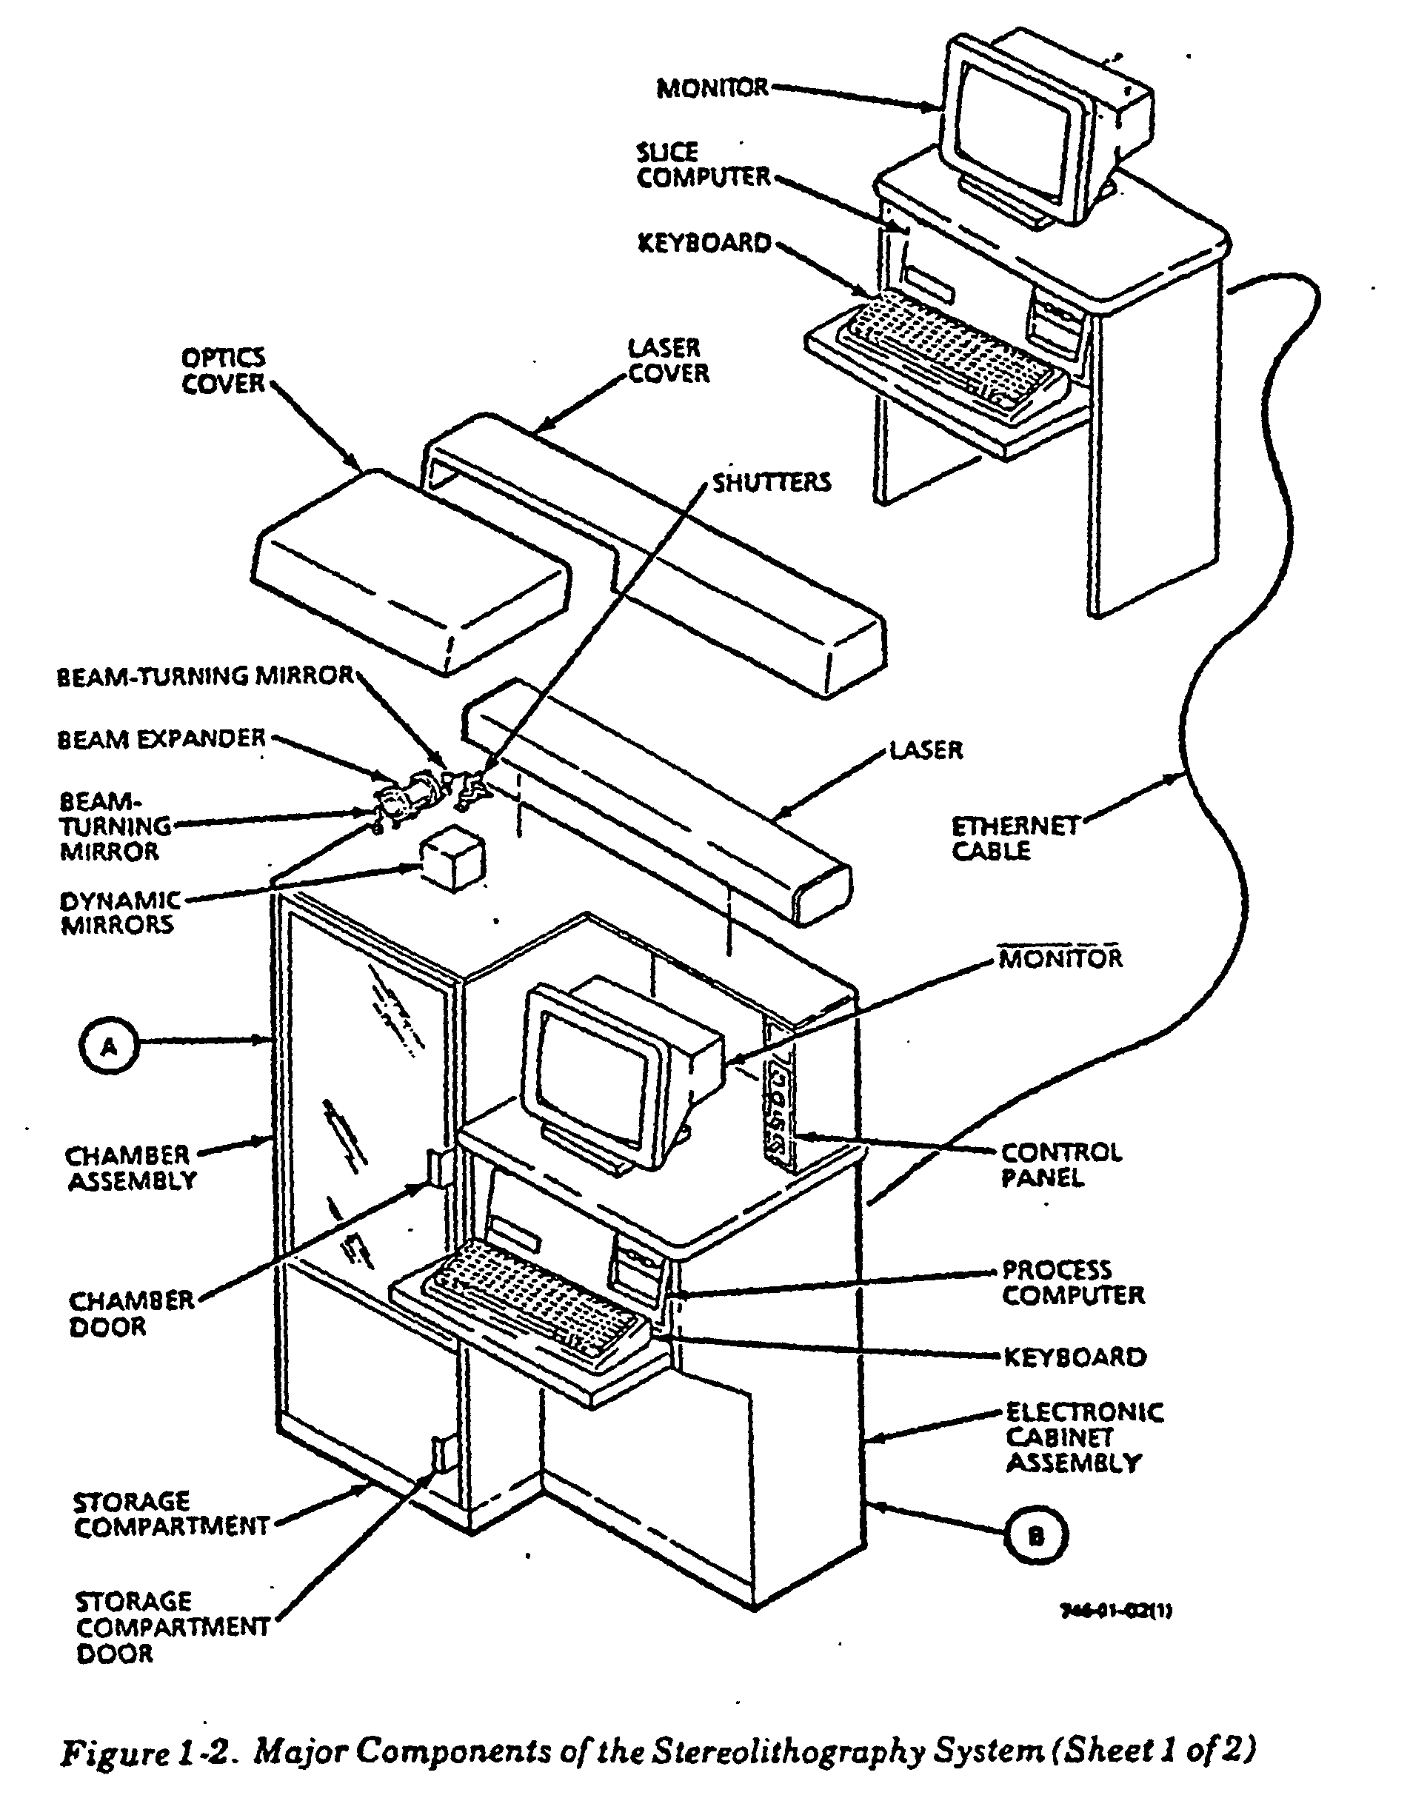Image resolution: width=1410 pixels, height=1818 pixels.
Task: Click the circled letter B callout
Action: coord(1035,1535)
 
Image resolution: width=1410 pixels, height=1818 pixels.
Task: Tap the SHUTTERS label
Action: coord(771,483)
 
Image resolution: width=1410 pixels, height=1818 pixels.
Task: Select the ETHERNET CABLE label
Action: coord(1015,838)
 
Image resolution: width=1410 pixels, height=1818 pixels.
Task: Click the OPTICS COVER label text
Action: coord(223,370)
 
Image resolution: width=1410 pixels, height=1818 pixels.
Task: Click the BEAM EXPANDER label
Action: coord(161,739)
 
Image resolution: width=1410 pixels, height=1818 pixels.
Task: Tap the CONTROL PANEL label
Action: coord(1060,1165)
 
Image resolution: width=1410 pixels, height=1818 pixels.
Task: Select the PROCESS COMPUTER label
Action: coord(1072,1282)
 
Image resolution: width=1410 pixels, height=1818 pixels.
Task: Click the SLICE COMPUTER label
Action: coord(704,165)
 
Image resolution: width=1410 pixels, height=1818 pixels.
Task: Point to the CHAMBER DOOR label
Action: coord(130,1313)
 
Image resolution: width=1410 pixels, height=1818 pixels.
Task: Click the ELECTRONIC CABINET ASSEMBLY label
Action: coord(1083,1437)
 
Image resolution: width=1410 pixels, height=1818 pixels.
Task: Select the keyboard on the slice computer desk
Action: coord(949,354)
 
